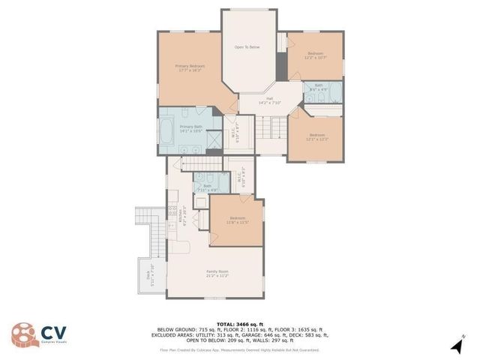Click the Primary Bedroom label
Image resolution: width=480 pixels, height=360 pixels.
tap(190, 68)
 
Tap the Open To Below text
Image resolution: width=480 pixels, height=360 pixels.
tap(247, 47)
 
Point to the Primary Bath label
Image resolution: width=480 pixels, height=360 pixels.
tap(190, 129)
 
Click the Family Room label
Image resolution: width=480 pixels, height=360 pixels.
tap(217, 274)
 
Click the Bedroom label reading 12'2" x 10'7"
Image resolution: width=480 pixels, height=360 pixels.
tap(315, 55)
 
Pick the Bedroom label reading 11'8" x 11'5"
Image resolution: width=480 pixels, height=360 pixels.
tap(237, 220)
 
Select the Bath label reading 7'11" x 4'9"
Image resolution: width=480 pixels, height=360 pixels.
tap(207, 187)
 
